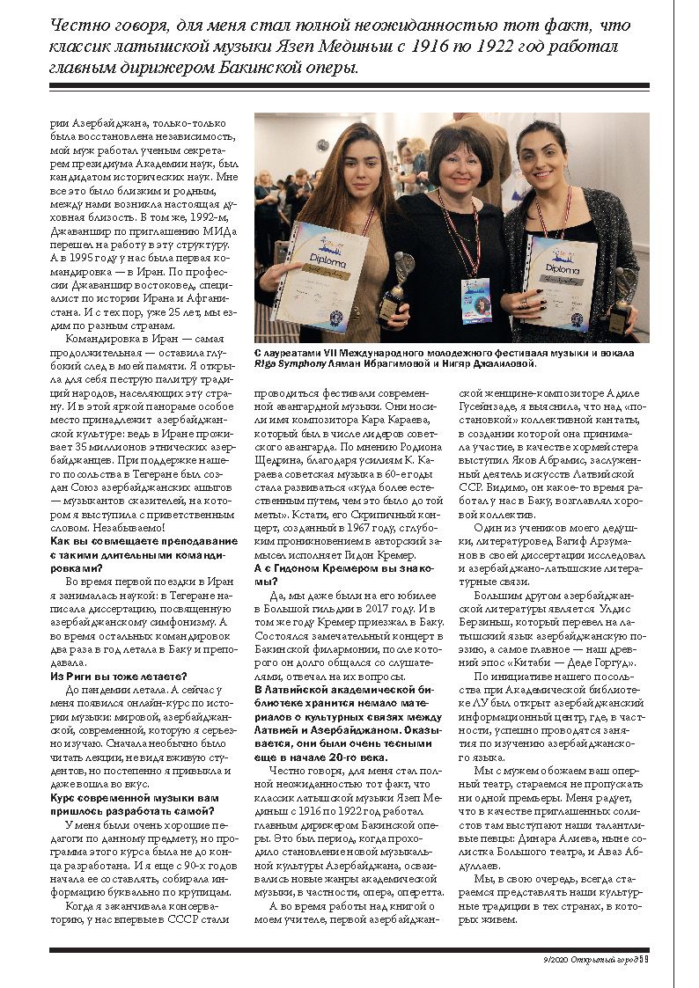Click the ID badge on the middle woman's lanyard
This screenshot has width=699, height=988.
point(475,300)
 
